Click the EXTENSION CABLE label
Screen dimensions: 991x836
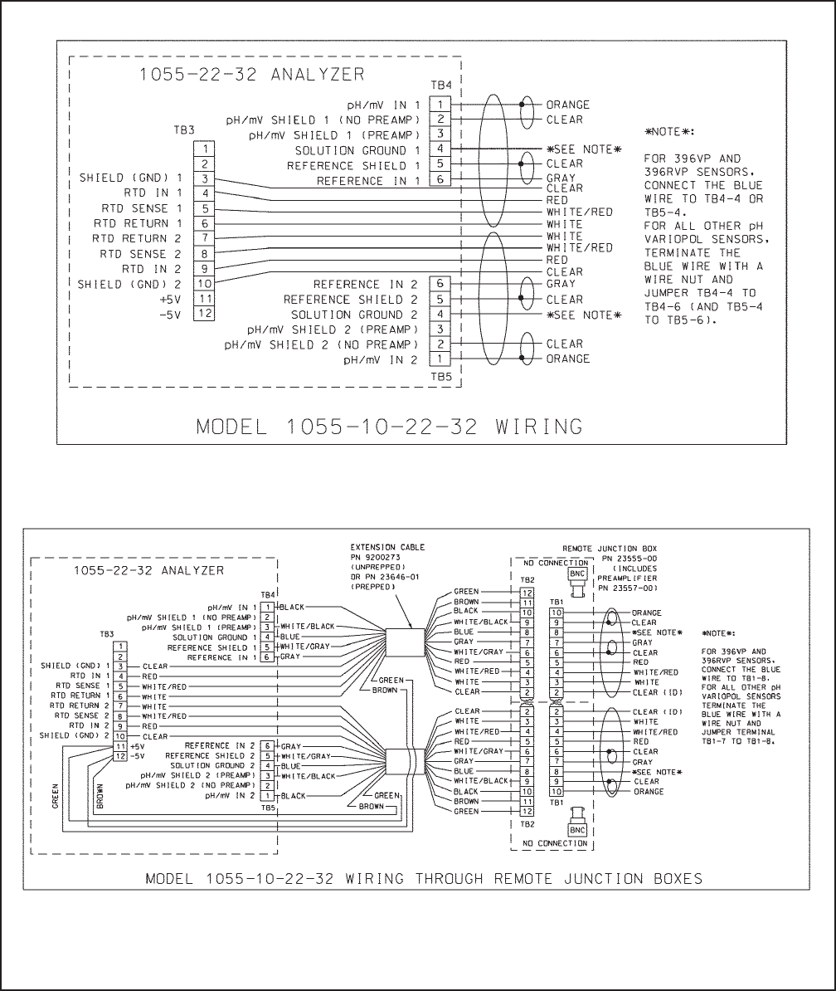click(387, 548)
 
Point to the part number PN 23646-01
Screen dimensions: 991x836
click(384, 577)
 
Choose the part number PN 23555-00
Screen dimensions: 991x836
click(612, 559)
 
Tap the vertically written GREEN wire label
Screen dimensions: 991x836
click(56, 797)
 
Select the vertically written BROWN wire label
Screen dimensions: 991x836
click(100, 797)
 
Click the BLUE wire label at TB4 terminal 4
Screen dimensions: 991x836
click(290, 637)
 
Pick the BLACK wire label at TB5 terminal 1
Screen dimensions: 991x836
click(293, 796)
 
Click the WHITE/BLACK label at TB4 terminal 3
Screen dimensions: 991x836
click(308, 627)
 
